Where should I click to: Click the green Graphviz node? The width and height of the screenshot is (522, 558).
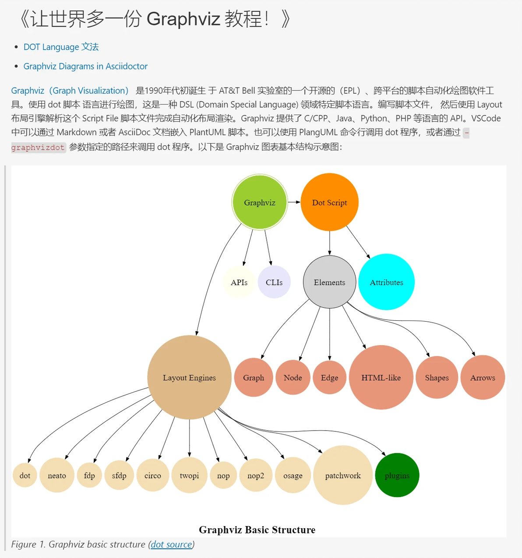pyautogui.click(x=260, y=202)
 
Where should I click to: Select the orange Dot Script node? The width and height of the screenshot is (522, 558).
pyautogui.click(x=329, y=202)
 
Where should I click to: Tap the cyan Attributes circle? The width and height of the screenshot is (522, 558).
pyautogui.click(x=386, y=282)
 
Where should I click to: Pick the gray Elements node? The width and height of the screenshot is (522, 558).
pyautogui.click(x=329, y=282)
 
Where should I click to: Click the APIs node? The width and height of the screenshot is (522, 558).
pyautogui.click(x=239, y=282)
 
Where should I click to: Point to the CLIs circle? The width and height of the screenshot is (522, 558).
pyautogui.click(x=274, y=282)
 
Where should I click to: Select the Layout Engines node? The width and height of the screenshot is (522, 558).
pyautogui.click(x=189, y=377)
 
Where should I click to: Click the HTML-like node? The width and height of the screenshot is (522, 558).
pyautogui.click(x=381, y=377)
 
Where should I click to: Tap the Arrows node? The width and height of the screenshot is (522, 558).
pyautogui.click(x=483, y=377)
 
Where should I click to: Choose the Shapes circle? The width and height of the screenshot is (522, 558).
pyautogui.click(x=437, y=377)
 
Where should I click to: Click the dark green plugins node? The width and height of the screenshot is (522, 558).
pyautogui.click(x=397, y=475)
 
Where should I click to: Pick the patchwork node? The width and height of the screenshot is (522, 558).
pyautogui.click(x=343, y=475)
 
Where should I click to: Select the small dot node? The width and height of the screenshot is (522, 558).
pyautogui.click(x=25, y=475)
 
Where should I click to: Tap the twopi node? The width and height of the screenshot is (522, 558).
pyautogui.click(x=189, y=475)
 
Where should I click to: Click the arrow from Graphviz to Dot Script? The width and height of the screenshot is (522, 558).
pyautogui.click(x=294, y=202)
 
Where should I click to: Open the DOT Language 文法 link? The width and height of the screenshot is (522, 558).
pyautogui.click(x=61, y=47)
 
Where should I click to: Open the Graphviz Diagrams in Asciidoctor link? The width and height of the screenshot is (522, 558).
pyautogui.click(x=85, y=66)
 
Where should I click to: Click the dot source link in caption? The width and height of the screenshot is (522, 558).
pyautogui.click(x=171, y=544)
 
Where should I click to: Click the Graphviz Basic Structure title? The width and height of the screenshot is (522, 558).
pyautogui.click(x=257, y=530)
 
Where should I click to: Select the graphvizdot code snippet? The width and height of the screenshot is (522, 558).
pyautogui.click(x=38, y=147)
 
